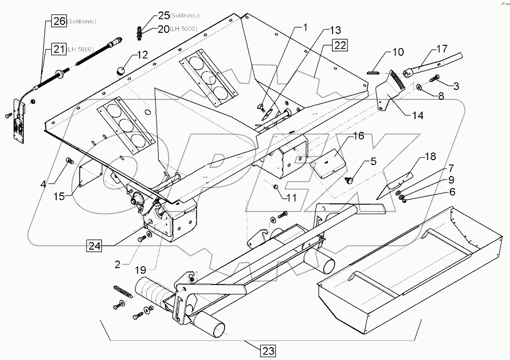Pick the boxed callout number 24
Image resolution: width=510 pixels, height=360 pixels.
point(95,246)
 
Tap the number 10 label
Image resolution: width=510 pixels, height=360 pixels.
point(398,52)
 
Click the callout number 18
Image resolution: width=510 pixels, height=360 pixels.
point(429,157)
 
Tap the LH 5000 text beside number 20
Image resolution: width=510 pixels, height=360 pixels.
point(183,30)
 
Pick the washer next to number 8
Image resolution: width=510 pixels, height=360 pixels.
point(421,88)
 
